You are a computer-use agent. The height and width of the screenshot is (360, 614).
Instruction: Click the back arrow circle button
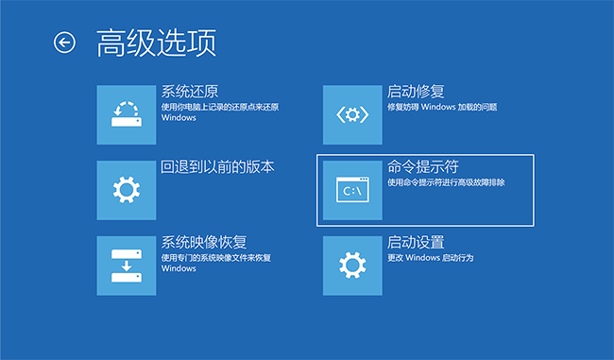64,42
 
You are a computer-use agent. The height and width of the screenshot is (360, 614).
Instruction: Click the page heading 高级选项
156,42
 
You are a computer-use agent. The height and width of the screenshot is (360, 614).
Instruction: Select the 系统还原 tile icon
127,114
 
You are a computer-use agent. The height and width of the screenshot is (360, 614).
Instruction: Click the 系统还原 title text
190,92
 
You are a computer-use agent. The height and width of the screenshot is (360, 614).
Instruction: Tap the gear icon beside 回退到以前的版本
127,190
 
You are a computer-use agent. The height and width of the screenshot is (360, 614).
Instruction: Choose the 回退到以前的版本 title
217,167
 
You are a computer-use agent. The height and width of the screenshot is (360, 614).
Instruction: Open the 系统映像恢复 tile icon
127,265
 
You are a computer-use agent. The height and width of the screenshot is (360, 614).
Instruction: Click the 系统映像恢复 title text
203,243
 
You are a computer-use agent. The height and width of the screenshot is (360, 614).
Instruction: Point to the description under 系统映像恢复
215,263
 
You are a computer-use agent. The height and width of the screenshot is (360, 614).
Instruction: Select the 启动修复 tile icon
352,114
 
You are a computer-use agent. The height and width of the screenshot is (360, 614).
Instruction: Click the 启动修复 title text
417,92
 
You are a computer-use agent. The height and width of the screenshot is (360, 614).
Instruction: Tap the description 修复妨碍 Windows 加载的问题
441,108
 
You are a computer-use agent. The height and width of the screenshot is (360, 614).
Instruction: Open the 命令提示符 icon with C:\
352,190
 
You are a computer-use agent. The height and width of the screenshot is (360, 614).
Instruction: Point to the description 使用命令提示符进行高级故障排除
446,182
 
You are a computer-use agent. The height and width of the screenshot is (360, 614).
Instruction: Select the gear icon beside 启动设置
352,265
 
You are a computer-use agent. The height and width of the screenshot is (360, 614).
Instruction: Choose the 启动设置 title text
417,243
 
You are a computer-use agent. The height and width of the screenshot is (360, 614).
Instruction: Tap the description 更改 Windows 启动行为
430,258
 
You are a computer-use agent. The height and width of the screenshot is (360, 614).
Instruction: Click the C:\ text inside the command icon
351,193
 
